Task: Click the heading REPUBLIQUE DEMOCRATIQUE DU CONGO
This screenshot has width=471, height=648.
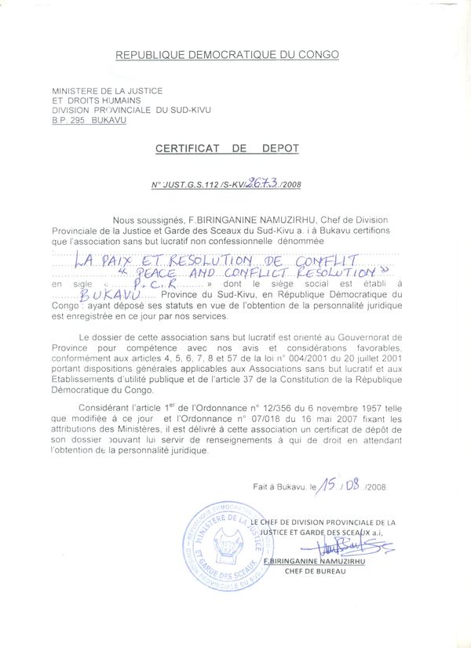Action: tap(227, 55)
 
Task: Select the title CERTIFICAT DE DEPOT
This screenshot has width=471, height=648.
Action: tap(227, 147)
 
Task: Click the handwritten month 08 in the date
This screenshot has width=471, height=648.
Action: tap(352, 485)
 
